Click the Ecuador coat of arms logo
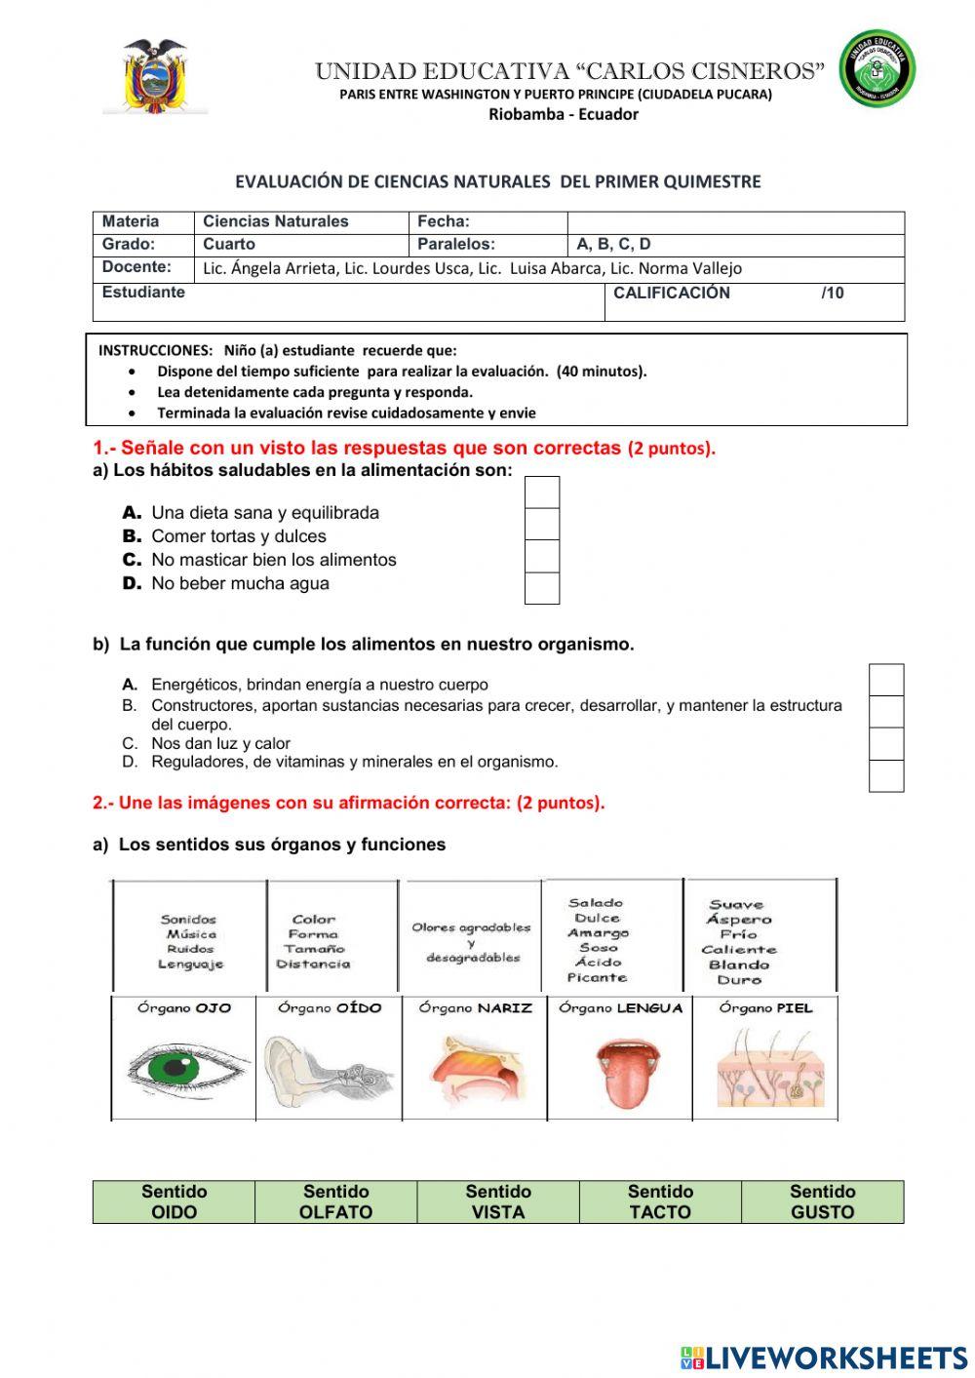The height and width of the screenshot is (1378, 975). coord(154,77)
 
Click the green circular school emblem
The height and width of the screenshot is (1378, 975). coord(877,68)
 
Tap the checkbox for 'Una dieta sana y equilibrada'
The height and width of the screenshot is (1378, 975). coord(542,493)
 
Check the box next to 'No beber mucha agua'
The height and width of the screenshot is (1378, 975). coord(542,588)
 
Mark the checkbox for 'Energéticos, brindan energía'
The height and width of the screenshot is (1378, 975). coord(885,680)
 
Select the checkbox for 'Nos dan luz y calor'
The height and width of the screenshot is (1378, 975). coord(885,744)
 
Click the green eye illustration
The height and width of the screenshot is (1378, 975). coord(185,1069)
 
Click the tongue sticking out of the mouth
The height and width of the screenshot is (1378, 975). coord(621,1073)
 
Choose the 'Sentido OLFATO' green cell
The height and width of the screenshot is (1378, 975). coord(335,1201)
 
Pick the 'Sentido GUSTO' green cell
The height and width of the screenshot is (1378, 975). coord(822,1201)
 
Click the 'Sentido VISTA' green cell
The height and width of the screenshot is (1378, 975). coord(498,1201)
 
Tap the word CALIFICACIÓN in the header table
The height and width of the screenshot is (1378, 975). coord(671,293)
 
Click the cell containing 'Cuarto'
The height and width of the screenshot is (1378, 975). coord(300,245)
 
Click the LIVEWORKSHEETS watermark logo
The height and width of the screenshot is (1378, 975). coord(823,1358)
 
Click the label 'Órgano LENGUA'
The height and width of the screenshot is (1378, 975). coord(620,1008)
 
